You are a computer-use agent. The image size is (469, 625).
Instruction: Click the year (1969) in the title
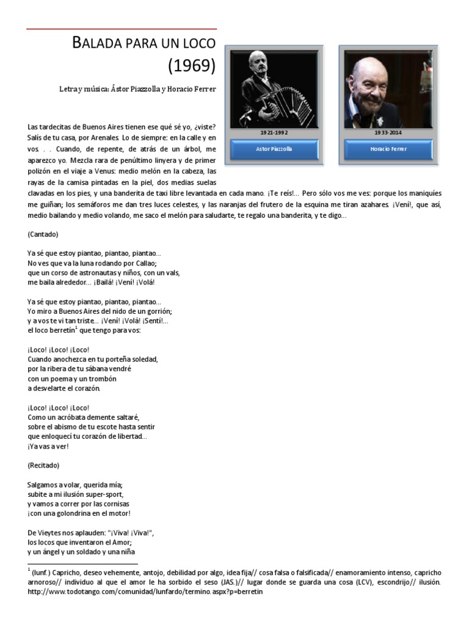coord(192,64)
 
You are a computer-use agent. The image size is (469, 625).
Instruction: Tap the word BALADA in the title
coord(93,43)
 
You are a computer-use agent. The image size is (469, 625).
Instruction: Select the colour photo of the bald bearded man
coord(388,89)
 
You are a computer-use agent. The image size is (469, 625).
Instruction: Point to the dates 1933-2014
coord(388,132)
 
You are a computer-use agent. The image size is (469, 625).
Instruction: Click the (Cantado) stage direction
coord(43,234)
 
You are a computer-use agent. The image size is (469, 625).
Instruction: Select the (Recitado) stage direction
coord(44,464)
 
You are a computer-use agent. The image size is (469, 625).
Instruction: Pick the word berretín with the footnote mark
coord(61,330)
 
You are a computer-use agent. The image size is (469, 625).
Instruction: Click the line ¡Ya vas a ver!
coord(48,446)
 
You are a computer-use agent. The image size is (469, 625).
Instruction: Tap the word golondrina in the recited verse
coord(85,513)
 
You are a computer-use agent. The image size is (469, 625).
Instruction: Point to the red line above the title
coord(122,29)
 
